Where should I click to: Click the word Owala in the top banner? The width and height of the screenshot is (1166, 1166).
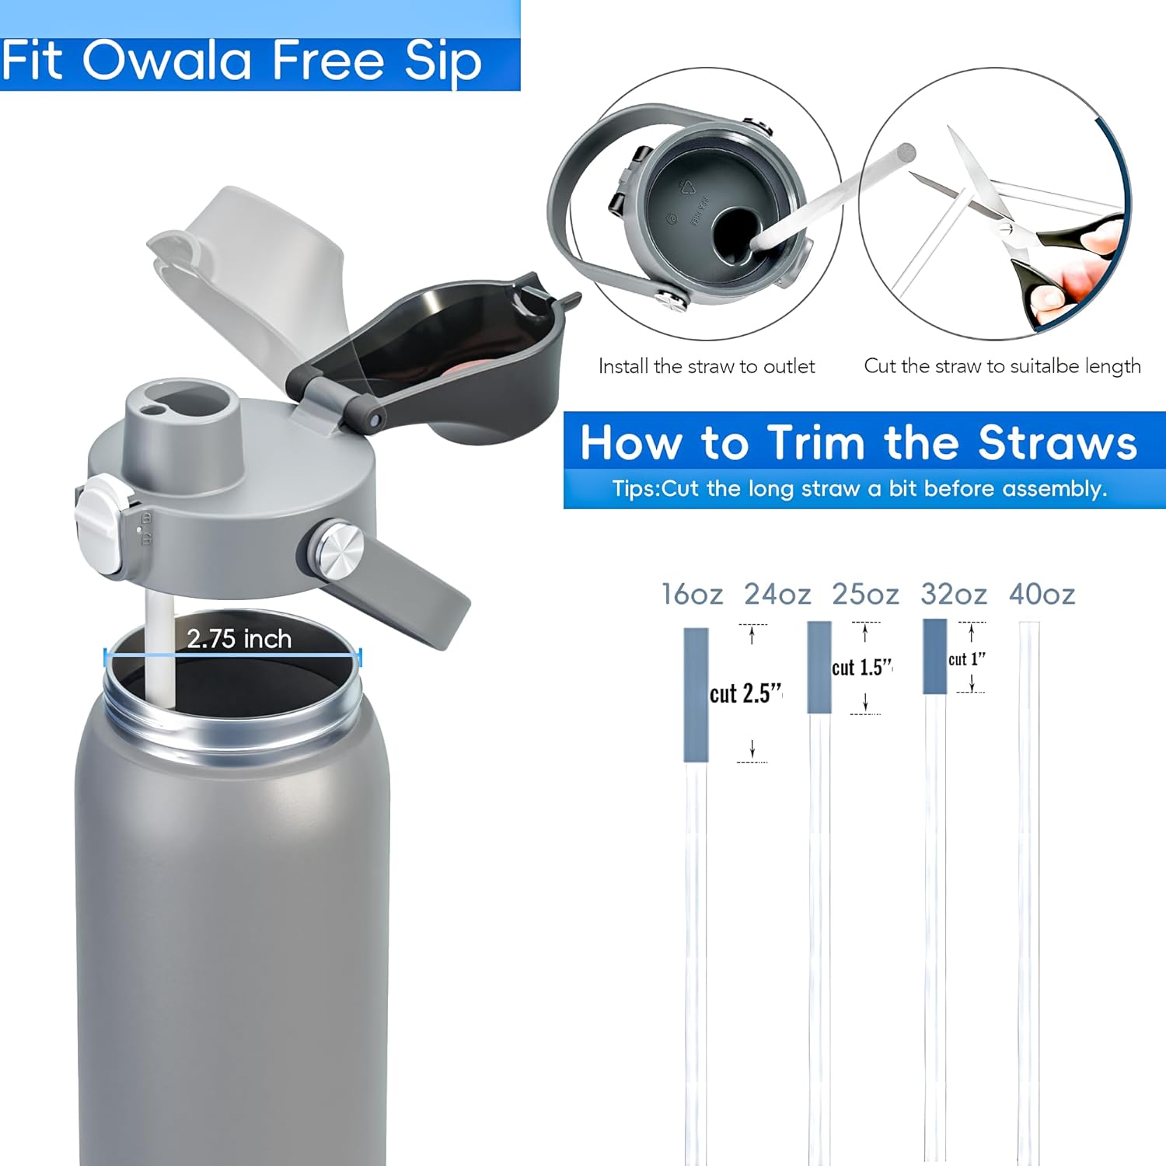(x=167, y=60)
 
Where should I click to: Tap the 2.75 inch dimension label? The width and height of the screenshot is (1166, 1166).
(x=239, y=639)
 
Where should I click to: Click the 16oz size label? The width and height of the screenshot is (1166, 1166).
(x=691, y=595)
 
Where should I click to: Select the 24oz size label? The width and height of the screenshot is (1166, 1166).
(x=777, y=595)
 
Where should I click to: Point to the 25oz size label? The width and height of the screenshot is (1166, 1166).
(x=864, y=595)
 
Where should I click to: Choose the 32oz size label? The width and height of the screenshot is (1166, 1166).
(x=953, y=595)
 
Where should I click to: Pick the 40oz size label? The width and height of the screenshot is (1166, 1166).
(x=1042, y=595)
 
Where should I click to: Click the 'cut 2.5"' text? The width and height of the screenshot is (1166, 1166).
(x=745, y=693)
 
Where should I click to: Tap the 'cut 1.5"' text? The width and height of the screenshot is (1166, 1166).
(x=861, y=668)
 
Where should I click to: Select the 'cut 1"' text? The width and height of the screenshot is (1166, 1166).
(x=966, y=659)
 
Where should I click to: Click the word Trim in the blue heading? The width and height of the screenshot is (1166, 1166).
(x=815, y=443)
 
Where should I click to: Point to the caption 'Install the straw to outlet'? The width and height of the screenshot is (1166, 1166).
(x=706, y=366)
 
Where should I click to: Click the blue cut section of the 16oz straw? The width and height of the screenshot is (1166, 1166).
(x=696, y=694)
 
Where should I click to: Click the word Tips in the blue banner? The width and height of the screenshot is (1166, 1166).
(x=634, y=489)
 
